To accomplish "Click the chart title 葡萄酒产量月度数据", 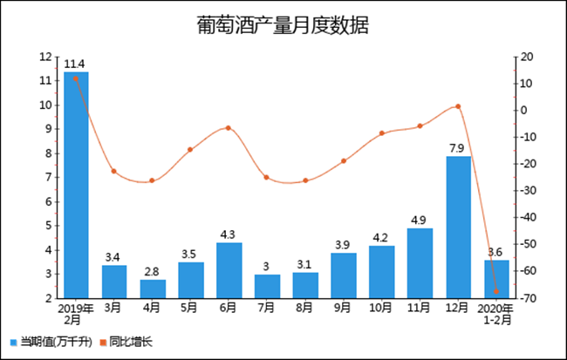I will (283, 26).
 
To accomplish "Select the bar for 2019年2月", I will (76, 185).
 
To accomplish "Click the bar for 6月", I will (229, 270).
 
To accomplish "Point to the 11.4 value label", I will (75, 64).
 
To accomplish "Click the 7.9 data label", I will (458, 148).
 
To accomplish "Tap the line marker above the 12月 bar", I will (458, 106).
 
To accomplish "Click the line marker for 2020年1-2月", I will (496, 291).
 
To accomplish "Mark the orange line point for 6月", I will (229, 128).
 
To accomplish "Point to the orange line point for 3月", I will (114, 171).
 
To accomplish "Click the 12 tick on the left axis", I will (47, 58).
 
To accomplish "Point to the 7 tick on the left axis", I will (49, 178).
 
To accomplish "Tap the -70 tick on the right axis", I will (526, 298).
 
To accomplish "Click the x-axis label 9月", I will (343, 308).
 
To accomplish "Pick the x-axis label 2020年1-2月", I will (496, 314).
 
